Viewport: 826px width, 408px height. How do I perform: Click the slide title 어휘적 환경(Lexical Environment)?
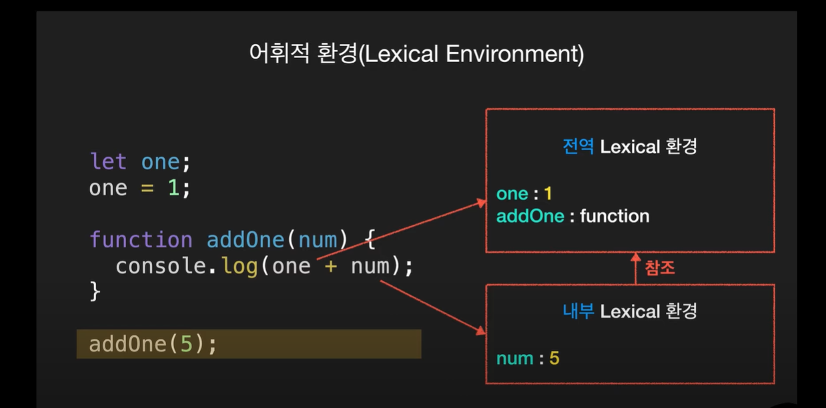click(x=416, y=54)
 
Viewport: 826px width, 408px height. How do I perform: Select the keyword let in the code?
click(x=109, y=162)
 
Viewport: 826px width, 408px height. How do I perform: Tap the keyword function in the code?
click(x=141, y=239)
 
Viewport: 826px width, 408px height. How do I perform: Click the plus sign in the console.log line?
click(x=331, y=267)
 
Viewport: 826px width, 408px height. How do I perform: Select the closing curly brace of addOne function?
click(x=95, y=291)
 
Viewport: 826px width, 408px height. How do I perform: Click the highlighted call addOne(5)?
click(x=153, y=344)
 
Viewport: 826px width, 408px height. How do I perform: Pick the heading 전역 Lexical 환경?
click(x=629, y=147)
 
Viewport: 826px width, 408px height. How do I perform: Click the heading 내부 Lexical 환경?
click(x=629, y=311)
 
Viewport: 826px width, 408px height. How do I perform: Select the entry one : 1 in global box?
click(x=524, y=194)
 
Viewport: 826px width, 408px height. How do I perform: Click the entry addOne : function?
click(x=572, y=216)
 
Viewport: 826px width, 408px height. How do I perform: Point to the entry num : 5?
click(x=527, y=359)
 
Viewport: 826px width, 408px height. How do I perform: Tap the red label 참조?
click(x=660, y=268)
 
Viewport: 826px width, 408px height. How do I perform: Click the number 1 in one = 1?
click(x=173, y=188)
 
